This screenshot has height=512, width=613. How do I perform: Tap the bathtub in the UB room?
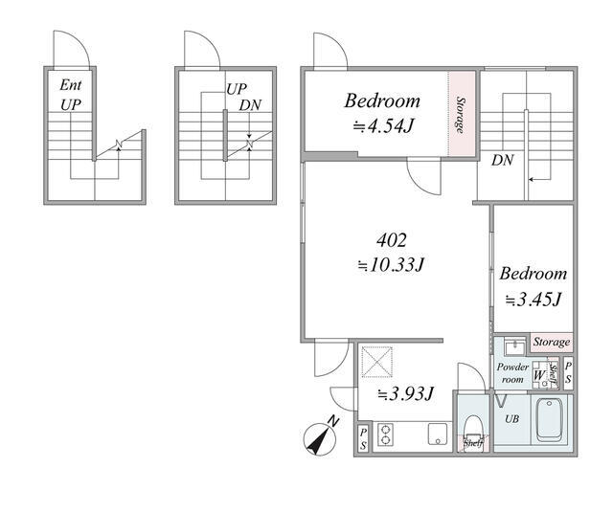(551, 419)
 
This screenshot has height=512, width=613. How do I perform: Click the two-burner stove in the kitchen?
(385, 435)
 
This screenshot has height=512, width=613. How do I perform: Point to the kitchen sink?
(438, 434)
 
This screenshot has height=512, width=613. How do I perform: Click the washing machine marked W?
(540, 375)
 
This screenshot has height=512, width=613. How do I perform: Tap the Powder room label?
(512, 373)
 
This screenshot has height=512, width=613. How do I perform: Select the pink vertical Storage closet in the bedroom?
(462, 114)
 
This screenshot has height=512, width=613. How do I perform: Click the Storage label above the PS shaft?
(552, 343)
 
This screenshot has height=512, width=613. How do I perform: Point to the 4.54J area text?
(383, 126)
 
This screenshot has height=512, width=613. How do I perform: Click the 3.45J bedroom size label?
(534, 300)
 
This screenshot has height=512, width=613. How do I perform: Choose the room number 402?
(392, 240)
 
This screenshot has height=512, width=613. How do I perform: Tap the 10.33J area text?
(392, 265)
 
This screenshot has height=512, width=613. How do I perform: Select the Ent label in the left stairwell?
(71, 85)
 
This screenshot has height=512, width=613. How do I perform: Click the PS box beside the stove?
(364, 438)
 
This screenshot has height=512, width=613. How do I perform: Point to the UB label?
(511, 418)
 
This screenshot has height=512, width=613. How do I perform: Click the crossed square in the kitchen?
(376, 362)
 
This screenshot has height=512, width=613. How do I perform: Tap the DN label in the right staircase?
(502, 160)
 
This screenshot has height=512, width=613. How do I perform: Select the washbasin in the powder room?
(515, 346)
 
